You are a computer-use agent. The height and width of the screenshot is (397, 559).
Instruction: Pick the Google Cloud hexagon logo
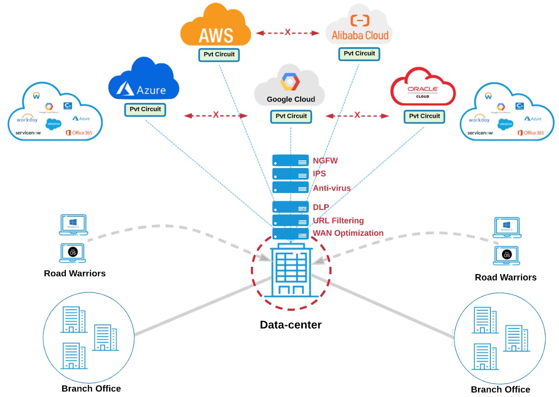click(290, 82)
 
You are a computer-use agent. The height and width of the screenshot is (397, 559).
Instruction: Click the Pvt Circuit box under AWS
click(219, 54)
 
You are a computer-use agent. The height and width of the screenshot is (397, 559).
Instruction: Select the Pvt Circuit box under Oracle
click(425, 116)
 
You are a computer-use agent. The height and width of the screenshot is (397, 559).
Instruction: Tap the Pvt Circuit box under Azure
click(146, 110)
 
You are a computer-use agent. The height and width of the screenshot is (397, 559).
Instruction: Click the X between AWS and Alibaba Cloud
click(288, 32)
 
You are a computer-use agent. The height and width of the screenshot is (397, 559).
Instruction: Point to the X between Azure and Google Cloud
click(215, 115)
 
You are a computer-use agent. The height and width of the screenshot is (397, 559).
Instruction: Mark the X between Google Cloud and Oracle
click(357, 115)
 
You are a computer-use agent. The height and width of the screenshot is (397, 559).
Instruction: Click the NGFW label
click(326, 161)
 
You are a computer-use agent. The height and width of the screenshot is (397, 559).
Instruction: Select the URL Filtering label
click(338, 221)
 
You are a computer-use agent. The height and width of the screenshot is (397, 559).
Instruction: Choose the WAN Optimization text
click(348, 233)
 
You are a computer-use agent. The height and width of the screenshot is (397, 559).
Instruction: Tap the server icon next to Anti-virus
click(290, 187)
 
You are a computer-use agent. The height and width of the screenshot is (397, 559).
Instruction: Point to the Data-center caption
click(291, 325)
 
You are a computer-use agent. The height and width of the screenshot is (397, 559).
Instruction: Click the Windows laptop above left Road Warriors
click(73, 225)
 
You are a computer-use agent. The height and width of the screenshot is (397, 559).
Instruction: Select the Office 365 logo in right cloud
click(530, 133)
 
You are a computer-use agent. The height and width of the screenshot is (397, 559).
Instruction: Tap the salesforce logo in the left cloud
click(53, 123)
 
